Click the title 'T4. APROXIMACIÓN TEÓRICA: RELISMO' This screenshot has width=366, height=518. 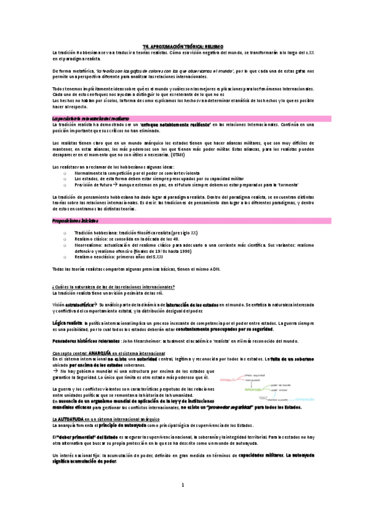pos(183,45)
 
